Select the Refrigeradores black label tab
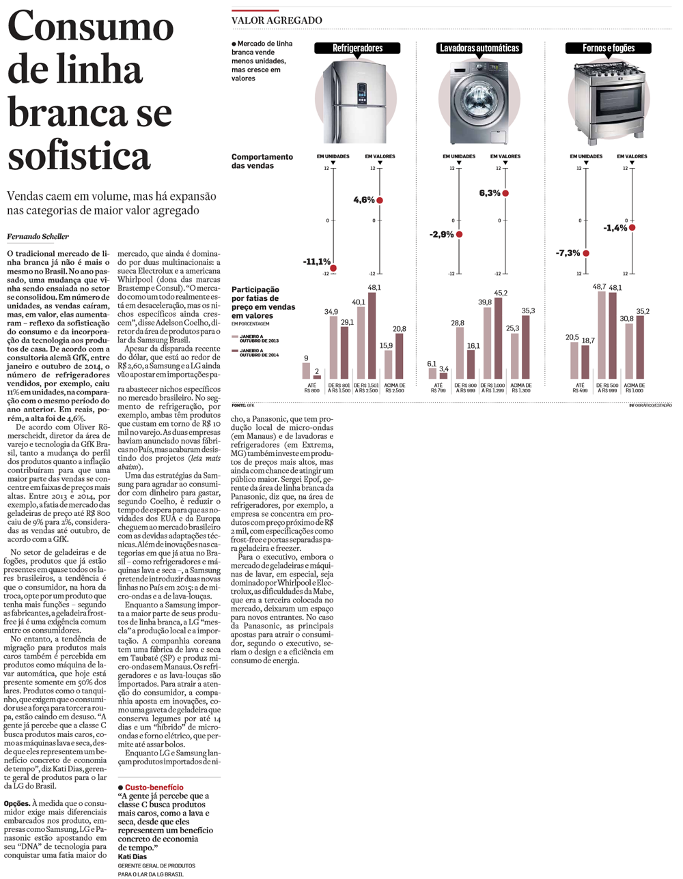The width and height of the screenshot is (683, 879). (357, 48)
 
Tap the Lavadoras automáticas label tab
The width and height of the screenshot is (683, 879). (479, 48)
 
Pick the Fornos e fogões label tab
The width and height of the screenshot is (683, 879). (608, 48)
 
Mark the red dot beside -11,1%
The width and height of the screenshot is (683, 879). (334, 268)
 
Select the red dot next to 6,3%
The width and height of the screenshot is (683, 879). (505, 193)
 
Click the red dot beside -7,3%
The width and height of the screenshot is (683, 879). (586, 253)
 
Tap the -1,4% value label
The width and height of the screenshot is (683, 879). (615, 228)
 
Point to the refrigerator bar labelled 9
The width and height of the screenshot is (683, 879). (306, 371)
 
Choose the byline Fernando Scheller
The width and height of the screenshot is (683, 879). (38, 237)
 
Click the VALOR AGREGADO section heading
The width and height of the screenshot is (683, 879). (277, 20)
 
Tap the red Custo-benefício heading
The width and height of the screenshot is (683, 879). (154, 788)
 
